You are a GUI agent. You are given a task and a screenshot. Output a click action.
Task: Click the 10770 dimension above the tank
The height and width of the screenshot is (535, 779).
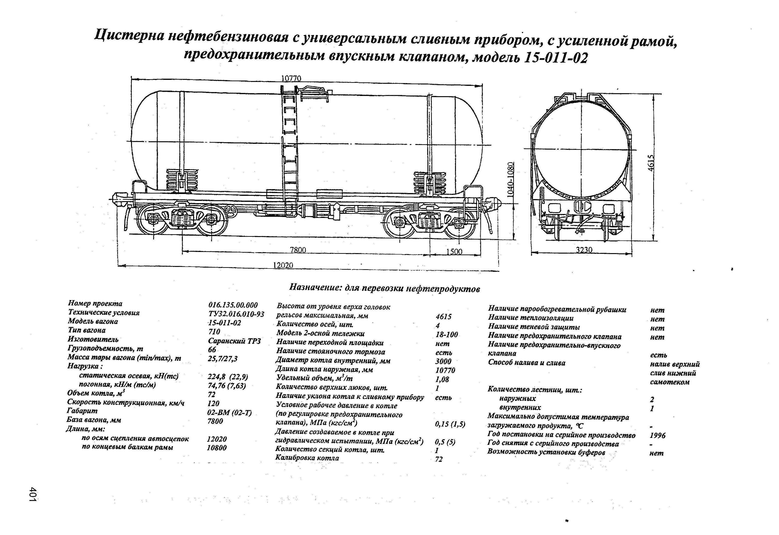[291, 78]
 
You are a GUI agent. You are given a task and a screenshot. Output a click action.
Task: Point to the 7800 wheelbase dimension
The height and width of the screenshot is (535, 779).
[298, 250]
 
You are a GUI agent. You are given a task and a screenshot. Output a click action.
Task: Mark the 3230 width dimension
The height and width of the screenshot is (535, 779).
[584, 250]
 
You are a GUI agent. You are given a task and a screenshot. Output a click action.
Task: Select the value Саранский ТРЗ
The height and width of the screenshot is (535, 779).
[234, 341]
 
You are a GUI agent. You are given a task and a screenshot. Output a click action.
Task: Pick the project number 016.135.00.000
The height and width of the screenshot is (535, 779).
[233, 305]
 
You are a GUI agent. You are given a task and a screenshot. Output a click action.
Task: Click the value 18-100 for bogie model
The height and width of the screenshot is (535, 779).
[447, 334]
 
